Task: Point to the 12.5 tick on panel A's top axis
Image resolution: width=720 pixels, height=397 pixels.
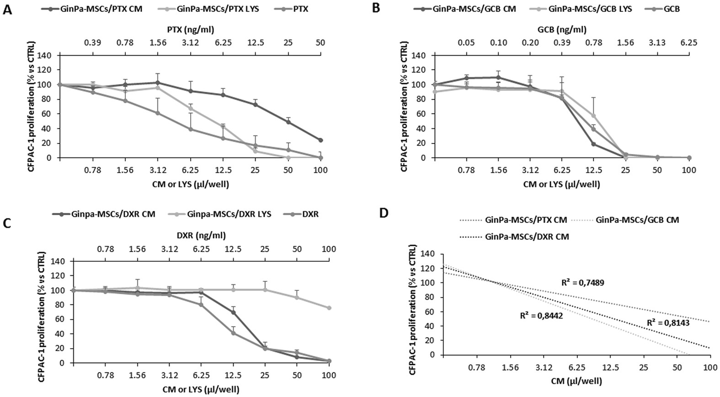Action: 256,42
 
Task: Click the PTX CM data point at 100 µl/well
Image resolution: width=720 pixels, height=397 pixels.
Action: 320,140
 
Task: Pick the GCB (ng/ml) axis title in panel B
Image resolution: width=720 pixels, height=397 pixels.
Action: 562,30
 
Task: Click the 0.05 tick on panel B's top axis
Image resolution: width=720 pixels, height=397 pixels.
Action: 467,42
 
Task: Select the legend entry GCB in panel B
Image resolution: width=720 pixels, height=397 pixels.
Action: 672,9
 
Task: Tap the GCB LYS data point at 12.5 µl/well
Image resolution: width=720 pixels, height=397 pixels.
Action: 593,116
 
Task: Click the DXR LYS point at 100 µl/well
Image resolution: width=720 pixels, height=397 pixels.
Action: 329,308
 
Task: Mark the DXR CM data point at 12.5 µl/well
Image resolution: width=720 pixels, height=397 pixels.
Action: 233,312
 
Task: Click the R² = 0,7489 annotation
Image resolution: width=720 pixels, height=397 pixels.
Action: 582,283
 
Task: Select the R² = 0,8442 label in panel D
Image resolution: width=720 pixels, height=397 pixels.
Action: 541,315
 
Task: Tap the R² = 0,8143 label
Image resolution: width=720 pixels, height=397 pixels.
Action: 668,323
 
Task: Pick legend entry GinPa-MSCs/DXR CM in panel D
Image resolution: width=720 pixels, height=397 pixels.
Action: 527,237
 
